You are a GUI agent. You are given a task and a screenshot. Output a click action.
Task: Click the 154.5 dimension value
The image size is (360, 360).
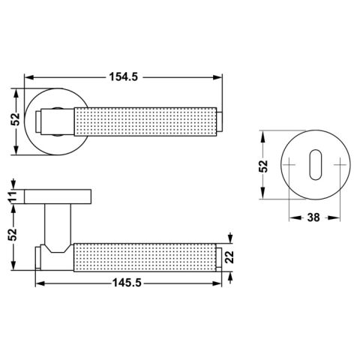tap(124, 76)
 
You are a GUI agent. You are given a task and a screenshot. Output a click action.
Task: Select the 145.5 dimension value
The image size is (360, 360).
tap(127, 283)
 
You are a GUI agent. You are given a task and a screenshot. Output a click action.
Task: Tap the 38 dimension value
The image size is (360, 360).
tap(313, 217)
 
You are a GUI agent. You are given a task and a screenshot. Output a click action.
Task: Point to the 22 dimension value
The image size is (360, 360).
tap(229, 256)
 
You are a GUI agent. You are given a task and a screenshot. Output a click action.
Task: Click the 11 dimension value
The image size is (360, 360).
tap(13, 196)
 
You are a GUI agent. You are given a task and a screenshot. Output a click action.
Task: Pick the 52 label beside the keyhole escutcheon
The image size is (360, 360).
tap(263, 166)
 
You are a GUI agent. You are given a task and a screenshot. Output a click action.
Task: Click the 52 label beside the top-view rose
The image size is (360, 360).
tap(15, 119)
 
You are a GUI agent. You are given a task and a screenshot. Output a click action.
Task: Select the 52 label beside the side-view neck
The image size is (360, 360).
tap(13, 234)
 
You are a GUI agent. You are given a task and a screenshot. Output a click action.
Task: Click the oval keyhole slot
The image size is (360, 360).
tap(316, 165)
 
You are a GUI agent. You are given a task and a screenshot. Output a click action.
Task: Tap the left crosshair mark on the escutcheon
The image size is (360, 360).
tap(289, 165)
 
